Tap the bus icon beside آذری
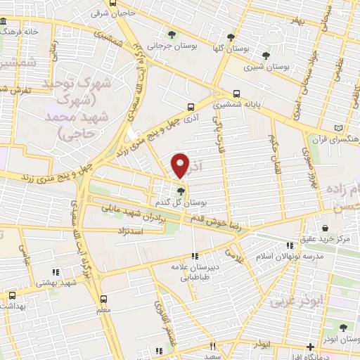pos(191,108)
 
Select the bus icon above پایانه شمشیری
pos(236,93)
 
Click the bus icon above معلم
pos(103,297)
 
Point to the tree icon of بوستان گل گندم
pos(181,191)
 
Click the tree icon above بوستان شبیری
pos(265,56)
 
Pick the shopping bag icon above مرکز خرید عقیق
pos(326,228)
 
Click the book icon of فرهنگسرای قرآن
pos(340,127)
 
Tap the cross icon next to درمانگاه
pos(310,347)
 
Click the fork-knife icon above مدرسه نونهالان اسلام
pos(289,245)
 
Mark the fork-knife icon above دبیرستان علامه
pos(195,256)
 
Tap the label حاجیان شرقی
pos(111,12)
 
